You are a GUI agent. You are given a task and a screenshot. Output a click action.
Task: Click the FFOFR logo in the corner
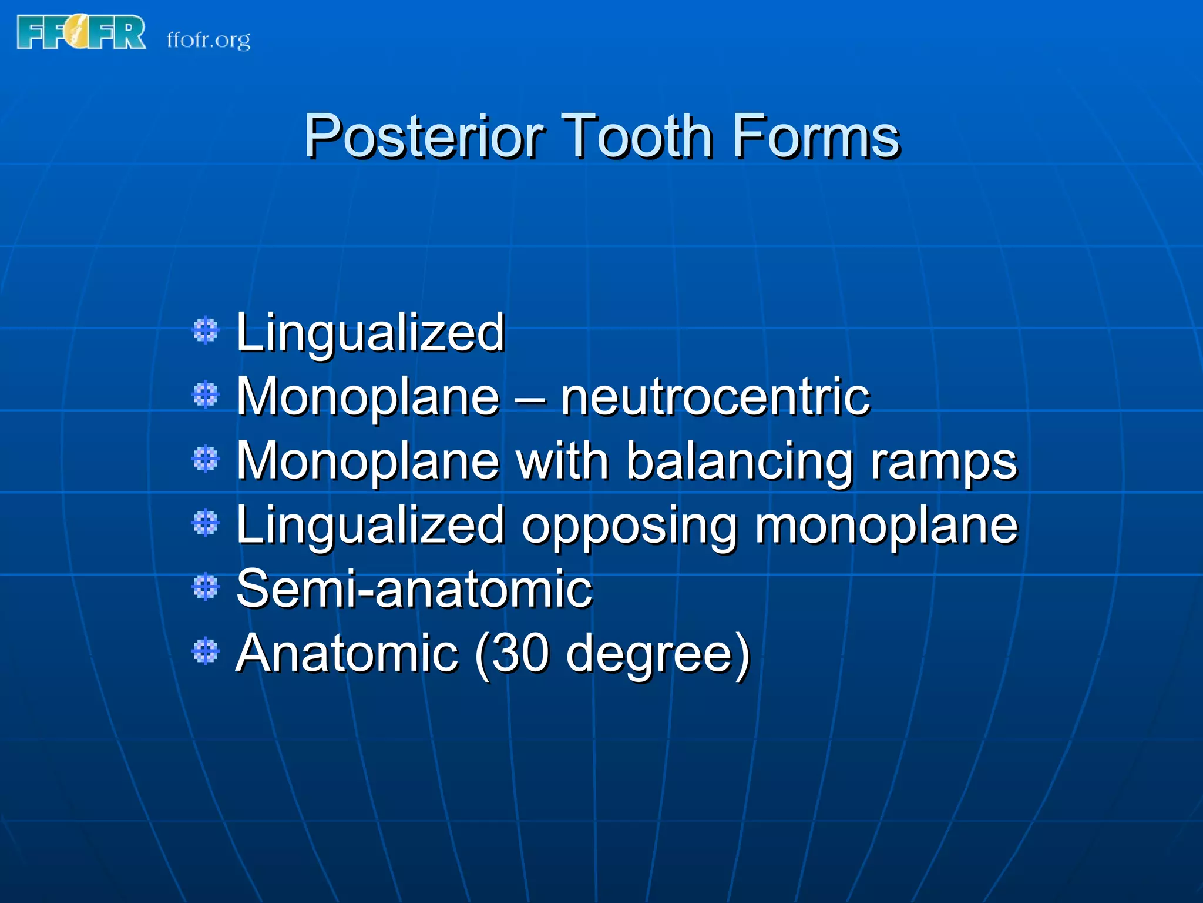tap(81, 33)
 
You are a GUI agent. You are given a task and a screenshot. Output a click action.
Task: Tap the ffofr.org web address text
tap(209, 40)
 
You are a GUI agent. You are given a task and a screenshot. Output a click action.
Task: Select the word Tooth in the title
tap(638, 136)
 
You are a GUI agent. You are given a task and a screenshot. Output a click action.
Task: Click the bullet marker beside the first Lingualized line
tap(206, 330)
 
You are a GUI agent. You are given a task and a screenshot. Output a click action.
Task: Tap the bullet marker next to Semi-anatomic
tap(206, 587)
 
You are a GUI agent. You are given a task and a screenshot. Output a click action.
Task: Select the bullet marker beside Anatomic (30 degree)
tap(206, 651)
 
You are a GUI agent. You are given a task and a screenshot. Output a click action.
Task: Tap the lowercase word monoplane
tap(886, 526)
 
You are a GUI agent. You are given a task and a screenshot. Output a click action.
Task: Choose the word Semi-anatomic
tap(414, 588)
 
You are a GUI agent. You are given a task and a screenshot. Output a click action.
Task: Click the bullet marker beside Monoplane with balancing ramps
tap(206, 459)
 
